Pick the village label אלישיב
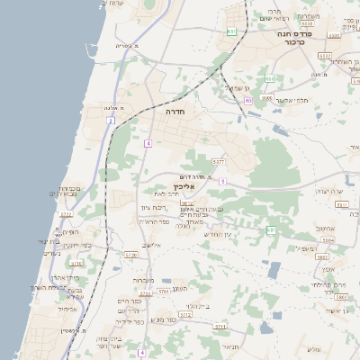pyautogui.click(x=150, y=245)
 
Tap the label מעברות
pyautogui.click(x=156, y=280)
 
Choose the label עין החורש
pyautogui.click(x=217, y=234)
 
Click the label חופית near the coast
pyautogui.click(x=68, y=257)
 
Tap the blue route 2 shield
pyautogui.click(x=110, y=120)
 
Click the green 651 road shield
pyautogui.click(x=232, y=31)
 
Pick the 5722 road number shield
pyautogui.click(x=66, y=215)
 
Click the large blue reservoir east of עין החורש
pyautogui.click(x=274, y=269)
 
